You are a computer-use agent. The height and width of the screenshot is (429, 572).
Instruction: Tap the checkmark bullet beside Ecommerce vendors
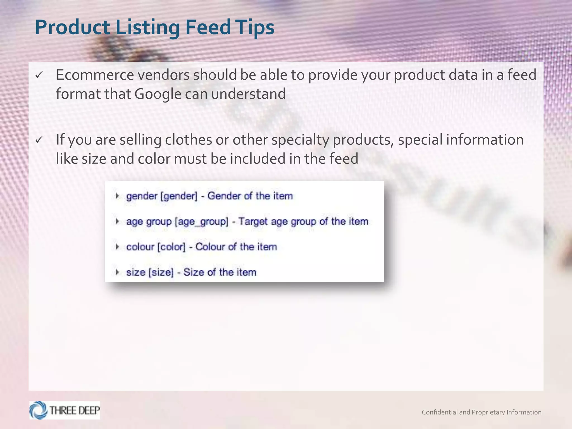pos(39,75)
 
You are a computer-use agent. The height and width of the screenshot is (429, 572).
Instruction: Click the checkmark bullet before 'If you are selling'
pos(39,140)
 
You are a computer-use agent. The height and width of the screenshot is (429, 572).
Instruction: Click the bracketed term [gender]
pos(179,196)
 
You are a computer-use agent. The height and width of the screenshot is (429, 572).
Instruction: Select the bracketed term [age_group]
pos(201,222)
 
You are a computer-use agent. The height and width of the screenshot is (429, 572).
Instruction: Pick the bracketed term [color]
pos(171,247)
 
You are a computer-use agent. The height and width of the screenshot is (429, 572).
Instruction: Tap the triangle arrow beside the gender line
pos(117,196)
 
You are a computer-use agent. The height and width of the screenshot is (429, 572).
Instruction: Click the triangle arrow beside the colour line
pos(117,247)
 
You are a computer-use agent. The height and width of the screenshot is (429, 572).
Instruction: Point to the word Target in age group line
pos(253,221)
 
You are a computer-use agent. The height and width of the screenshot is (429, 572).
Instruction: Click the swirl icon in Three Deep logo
pos(39,410)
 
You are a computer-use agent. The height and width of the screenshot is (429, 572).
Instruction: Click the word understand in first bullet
pos(248,94)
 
